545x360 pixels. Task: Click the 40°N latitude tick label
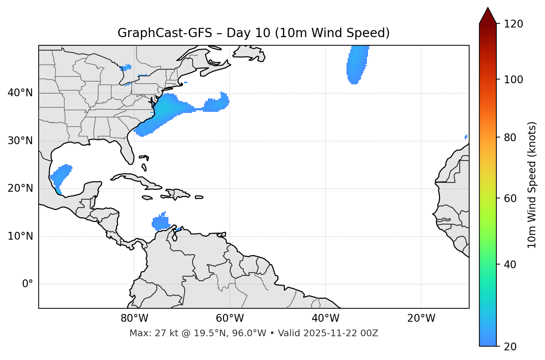point(20,93)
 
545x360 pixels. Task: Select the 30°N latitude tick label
point(20,141)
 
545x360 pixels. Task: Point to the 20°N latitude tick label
point(20,188)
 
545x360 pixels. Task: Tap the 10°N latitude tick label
point(20,236)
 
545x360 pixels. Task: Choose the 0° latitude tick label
point(28,284)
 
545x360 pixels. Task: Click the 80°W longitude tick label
point(134,318)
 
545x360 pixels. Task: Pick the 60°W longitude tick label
point(230,318)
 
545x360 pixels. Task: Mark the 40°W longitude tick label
point(325,318)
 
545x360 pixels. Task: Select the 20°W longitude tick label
point(421,318)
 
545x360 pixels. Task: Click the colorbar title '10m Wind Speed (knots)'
point(532,185)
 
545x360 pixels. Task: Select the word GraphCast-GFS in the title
point(165,33)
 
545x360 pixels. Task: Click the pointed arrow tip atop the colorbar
point(488,9)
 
